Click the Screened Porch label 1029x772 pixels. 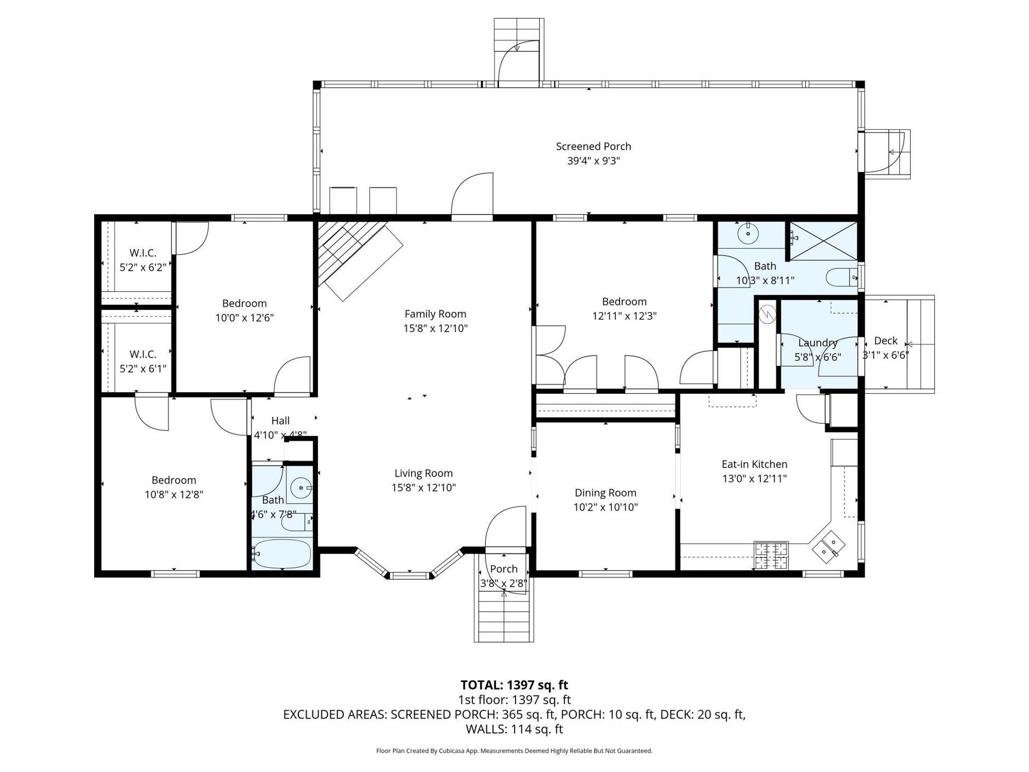click(593, 146)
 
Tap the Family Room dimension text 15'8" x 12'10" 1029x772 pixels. click(435, 329)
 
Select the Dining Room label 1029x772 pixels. click(605, 493)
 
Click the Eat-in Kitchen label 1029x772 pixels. click(754, 464)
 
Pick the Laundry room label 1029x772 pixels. click(818, 343)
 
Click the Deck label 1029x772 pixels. click(885, 341)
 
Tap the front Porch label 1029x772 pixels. click(504, 569)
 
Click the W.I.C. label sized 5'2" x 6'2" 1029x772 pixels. click(143, 253)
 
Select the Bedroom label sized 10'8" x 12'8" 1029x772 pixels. click(174, 480)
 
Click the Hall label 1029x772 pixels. click(280, 420)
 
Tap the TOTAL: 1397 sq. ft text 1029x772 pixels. click(514, 685)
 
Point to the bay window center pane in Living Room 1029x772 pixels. click(409, 574)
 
